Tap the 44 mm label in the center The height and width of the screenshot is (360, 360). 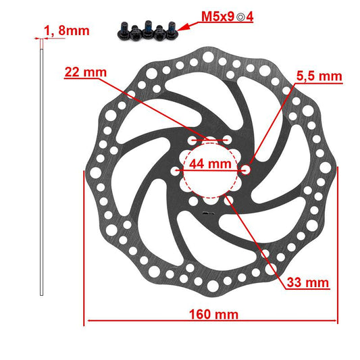[209, 163]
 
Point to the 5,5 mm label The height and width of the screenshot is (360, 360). [319, 76]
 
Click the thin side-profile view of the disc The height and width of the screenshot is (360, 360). [41, 169]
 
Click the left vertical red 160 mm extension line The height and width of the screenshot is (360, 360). [84, 250]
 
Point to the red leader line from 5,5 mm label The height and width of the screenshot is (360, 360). [270, 125]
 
